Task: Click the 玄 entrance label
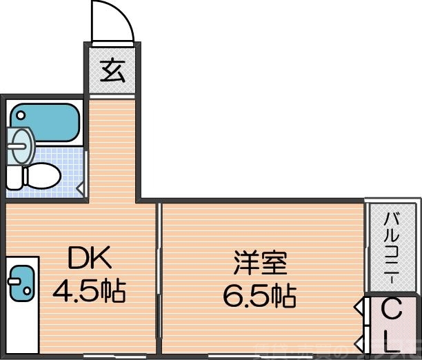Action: click(x=113, y=70)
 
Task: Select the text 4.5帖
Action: click(x=90, y=292)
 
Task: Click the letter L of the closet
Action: click(x=391, y=339)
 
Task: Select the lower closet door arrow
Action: click(x=359, y=341)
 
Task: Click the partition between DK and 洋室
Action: click(x=159, y=276)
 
